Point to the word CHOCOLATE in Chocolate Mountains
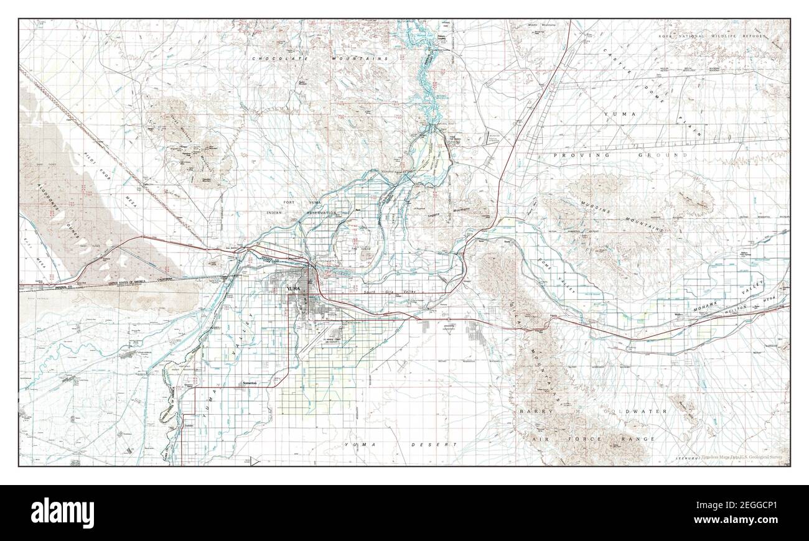(276, 58)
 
